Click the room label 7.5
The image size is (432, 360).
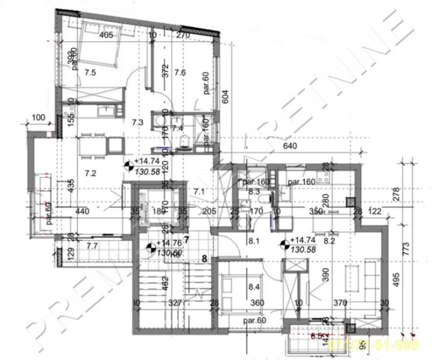(90, 73)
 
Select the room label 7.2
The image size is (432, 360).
(90, 174)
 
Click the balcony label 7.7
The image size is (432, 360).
(92, 246)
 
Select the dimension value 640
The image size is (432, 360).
(290, 146)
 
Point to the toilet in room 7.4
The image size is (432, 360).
(185, 140)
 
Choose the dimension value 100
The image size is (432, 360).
(38, 118)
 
